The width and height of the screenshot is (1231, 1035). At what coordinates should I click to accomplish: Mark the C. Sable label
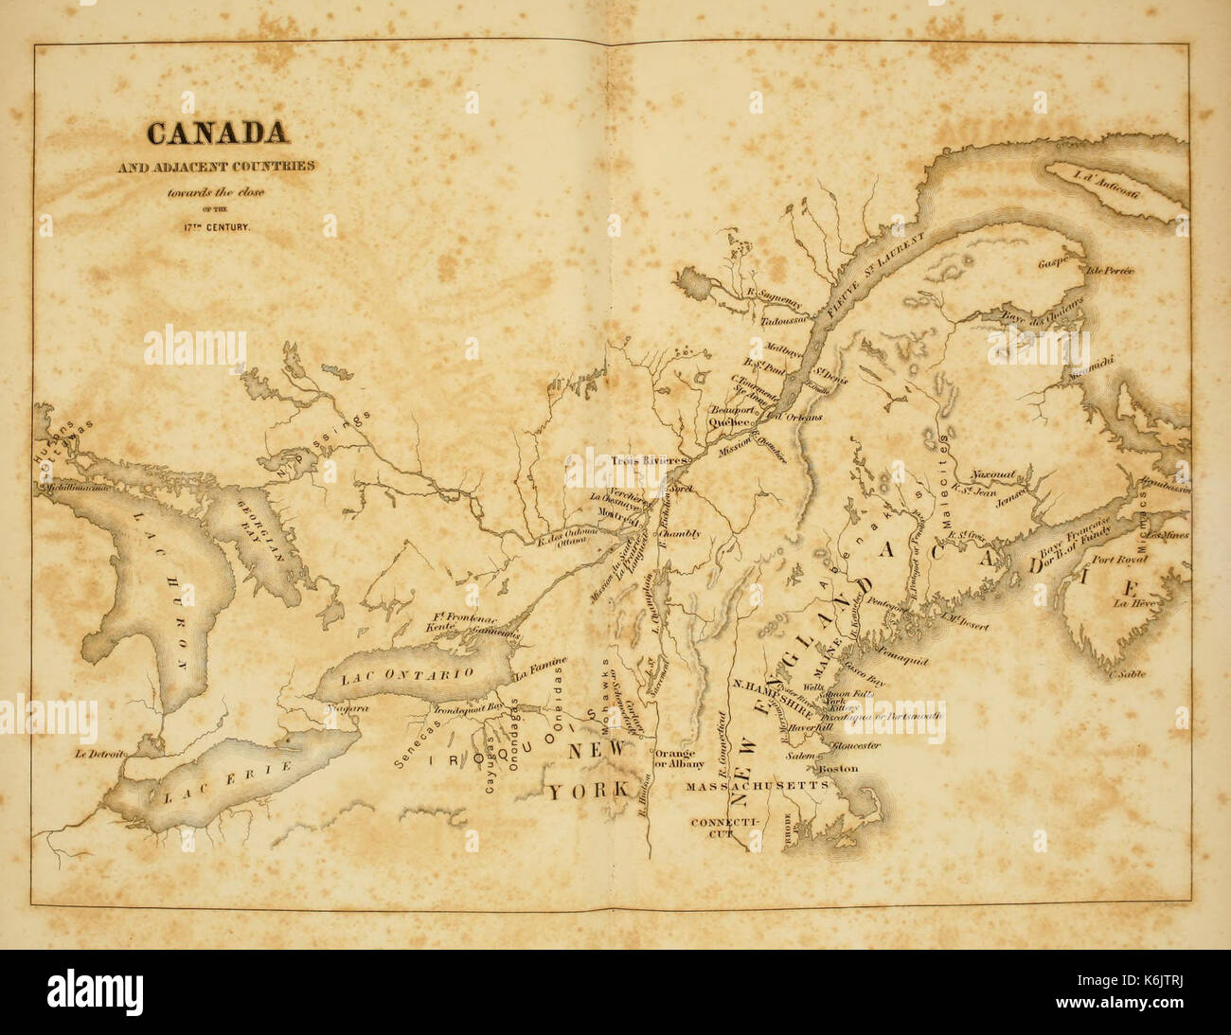click(x=1123, y=674)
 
